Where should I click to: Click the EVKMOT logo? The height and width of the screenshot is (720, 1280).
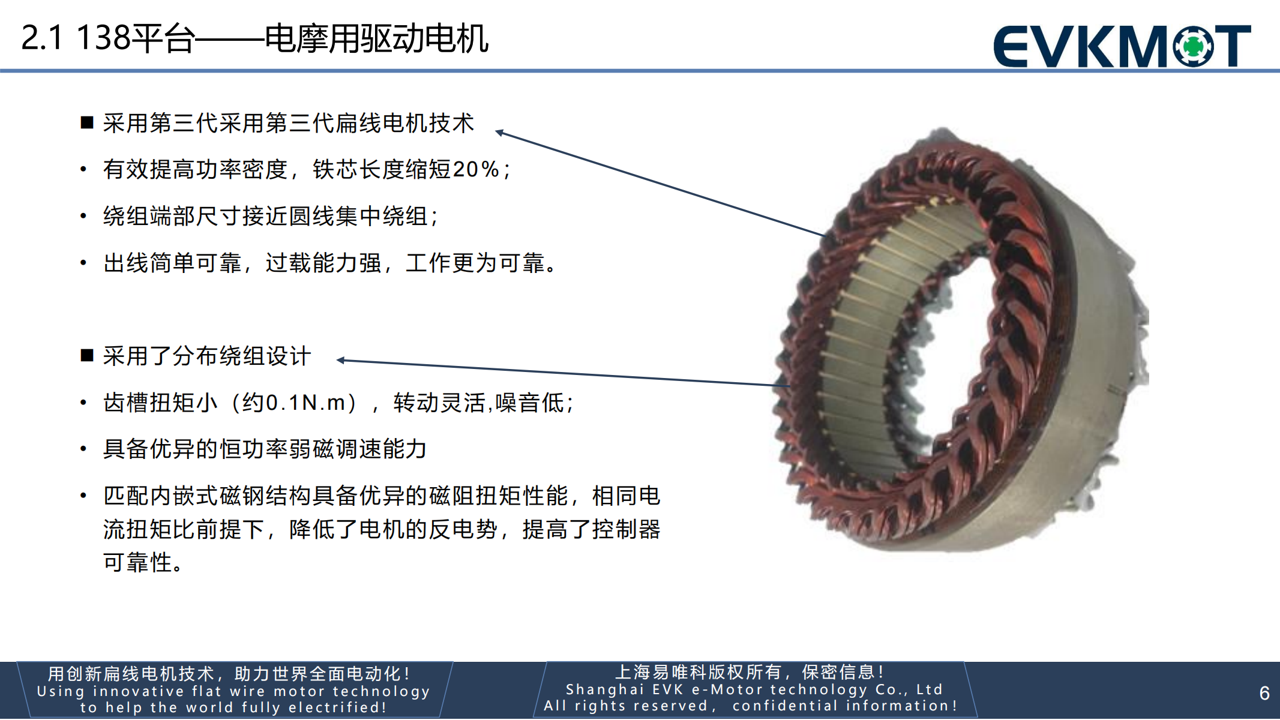coord(1122,46)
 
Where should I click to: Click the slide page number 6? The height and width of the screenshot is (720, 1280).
coord(1264,693)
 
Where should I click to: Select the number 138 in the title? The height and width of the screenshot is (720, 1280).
coord(103,38)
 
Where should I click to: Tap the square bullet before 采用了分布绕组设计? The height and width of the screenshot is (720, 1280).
coord(87,356)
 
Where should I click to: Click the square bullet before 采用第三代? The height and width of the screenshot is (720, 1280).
coord(87,123)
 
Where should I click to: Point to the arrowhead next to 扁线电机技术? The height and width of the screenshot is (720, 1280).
coord(499,133)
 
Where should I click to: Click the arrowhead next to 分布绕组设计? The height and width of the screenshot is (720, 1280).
coord(341,360)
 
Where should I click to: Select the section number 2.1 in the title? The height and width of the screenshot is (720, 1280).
coord(41,38)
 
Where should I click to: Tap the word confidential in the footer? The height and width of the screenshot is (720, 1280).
coord(784,706)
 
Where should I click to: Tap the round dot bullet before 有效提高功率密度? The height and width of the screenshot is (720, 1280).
coord(83,170)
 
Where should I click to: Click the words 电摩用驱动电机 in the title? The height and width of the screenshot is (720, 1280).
coord(377,38)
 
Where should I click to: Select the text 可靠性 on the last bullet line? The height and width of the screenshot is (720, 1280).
coord(137,563)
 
